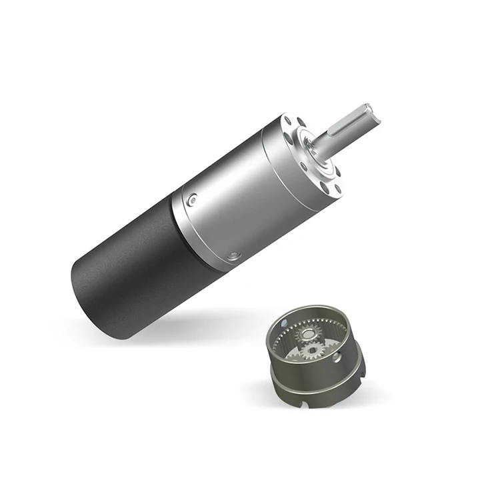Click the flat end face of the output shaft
(379, 115)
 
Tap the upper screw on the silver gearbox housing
(193, 198)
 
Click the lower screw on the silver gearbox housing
(233, 255)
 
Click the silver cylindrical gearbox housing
(227, 200)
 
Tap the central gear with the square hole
(311, 351)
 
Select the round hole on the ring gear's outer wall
(339, 358)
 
